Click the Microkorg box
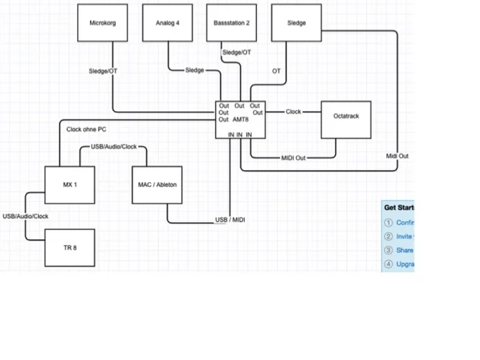pyautogui.click(x=103, y=23)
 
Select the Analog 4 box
pyautogui.click(x=167, y=23)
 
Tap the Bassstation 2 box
pyautogui.click(x=232, y=23)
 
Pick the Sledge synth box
pyautogui.click(x=296, y=23)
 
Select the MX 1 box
pyautogui.click(x=70, y=185)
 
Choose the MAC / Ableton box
pyautogui.click(x=156, y=185)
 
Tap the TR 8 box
pyautogui.click(x=70, y=247)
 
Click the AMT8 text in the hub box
pyautogui.click(x=242, y=120)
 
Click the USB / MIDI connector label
pyautogui.click(x=230, y=220)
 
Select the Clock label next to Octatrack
pyautogui.click(x=294, y=112)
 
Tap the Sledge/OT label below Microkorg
pyautogui.click(x=103, y=71)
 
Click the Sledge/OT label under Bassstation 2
pyautogui.click(x=237, y=53)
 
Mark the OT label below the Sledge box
pyautogui.click(x=276, y=71)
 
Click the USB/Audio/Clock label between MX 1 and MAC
pyautogui.click(x=114, y=147)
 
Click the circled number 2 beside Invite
pyautogui.click(x=389, y=236)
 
